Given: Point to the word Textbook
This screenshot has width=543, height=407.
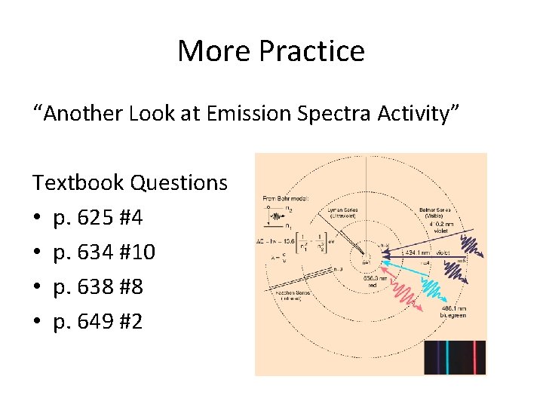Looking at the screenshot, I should (x=78, y=182).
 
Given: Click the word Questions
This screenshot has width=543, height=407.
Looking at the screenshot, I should (x=179, y=182).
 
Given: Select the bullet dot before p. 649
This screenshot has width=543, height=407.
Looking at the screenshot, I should (x=37, y=323).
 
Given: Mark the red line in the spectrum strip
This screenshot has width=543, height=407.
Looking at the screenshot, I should (x=471, y=357).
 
